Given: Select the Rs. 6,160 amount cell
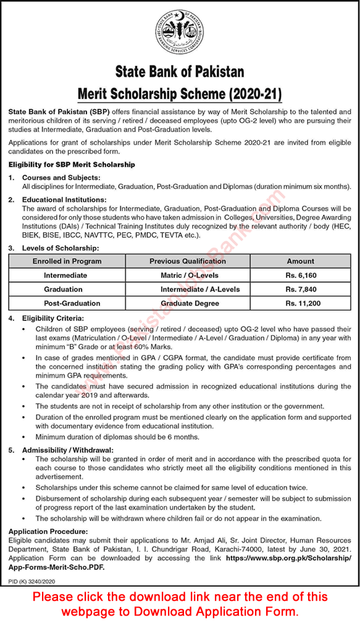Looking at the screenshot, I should (x=300, y=275).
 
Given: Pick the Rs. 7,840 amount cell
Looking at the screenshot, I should (x=300, y=289).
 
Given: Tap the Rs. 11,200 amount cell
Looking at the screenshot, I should (x=300, y=303).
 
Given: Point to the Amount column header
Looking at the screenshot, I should (x=300, y=261).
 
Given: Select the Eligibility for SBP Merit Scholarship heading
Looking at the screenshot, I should (x=72, y=165).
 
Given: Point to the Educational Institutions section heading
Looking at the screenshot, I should (x=64, y=199).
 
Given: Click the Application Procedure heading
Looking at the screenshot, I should (x=48, y=531).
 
